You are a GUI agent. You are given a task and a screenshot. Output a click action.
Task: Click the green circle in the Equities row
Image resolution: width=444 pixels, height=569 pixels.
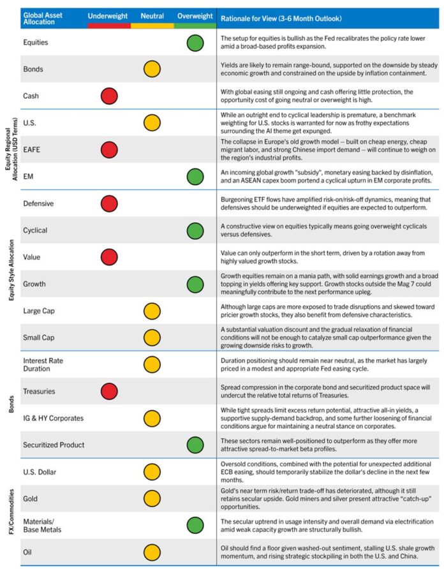point(195,43)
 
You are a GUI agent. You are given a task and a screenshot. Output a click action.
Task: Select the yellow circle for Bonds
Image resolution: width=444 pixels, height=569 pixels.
point(152,69)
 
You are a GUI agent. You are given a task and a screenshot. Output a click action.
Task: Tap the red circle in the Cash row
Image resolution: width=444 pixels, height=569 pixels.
point(109,96)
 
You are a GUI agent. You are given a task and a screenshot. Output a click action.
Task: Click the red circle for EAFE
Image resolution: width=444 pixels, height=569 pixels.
point(109,149)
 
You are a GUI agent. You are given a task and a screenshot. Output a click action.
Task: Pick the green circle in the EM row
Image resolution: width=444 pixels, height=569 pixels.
point(195,176)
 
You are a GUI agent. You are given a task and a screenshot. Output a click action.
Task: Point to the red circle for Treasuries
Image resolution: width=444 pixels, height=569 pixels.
point(109,391)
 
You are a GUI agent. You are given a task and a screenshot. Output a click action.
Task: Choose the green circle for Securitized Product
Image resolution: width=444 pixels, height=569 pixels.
point(195,445)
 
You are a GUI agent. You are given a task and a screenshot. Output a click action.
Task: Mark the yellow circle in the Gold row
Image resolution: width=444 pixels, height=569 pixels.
point(152,498)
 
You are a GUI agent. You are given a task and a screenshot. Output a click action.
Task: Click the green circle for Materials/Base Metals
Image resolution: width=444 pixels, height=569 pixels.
point(195,525)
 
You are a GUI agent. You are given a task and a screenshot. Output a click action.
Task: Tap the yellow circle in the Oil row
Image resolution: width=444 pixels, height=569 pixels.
point(152,552)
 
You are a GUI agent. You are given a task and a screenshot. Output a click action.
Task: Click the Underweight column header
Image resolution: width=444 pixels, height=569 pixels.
point(108,15)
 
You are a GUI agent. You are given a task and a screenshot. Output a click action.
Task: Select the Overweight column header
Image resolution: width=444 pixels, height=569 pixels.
point(195,15)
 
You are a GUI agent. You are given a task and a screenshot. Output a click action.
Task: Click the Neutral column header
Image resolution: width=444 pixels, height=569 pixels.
point(152,15)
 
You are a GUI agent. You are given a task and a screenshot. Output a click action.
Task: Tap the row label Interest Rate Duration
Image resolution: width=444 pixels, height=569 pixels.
point(43,364)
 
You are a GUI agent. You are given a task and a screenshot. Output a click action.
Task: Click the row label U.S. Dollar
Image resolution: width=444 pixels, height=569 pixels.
point(40,471)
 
